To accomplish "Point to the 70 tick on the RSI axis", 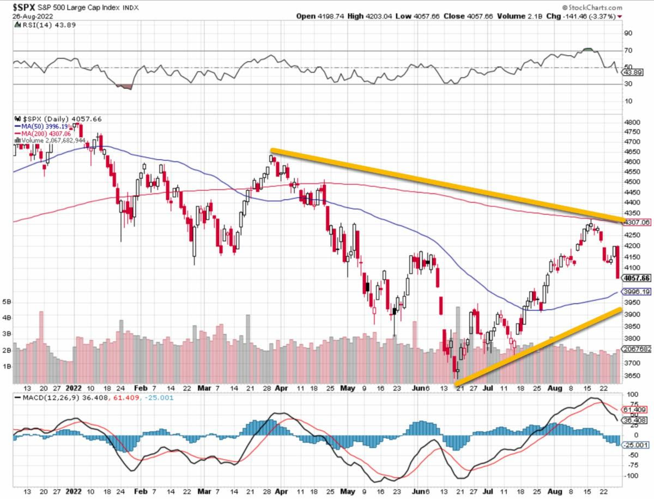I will click(x=628, y=51).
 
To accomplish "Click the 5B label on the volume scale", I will click(x=7, y=302).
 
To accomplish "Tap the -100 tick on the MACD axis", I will click(x=631, y=476).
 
